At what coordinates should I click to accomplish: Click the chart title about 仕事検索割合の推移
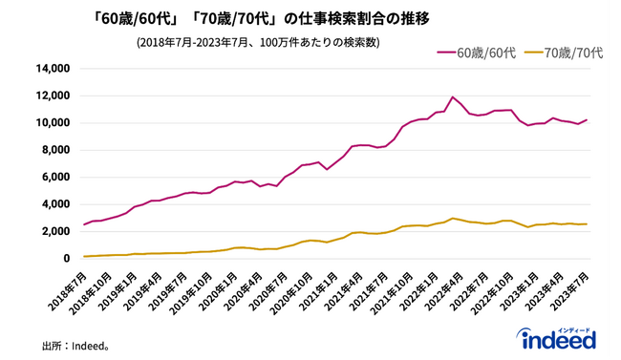pyautogui.click(x=249, y=18)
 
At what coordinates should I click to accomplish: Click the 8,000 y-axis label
pyautogui.click(x=54, y=150)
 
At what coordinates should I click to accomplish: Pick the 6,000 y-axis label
pyautogui.click(x=54, y=177)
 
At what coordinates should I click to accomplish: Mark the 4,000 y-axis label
pyautogui.click(x=54, y=204)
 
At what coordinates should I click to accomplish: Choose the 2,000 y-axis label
pyautogui.click(x=54, y=231)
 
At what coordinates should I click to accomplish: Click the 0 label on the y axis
pyautogui.click(x=66, y=258)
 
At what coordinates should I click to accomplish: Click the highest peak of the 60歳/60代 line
pyautogui.click(x=453, y=96)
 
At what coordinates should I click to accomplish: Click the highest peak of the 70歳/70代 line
pyautogui.click(x=454, y=218)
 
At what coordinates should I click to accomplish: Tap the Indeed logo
pyautogui.click(x=556, y=338)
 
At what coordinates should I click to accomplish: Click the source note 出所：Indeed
pyautogui.click(x=76, y=345)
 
